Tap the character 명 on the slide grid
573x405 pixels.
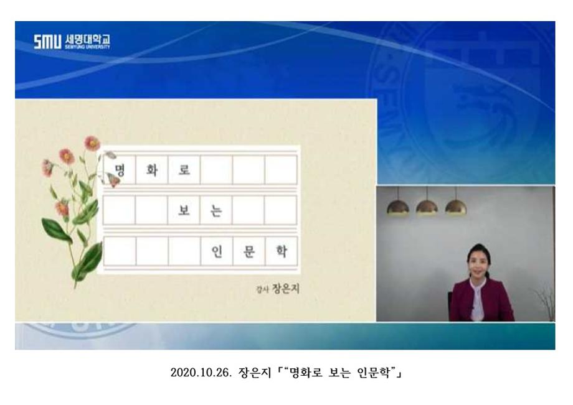[120, 170]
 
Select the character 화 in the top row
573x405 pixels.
[151, 170]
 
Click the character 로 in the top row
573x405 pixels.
[184, 170]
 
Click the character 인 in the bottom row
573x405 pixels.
[217, 254]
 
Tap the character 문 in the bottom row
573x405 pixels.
[249, 254]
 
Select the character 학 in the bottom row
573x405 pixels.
[280, 254]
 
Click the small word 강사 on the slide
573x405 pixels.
[262, 290]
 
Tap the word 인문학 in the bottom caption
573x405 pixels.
[373, 373]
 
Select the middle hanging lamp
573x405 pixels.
[427, 207]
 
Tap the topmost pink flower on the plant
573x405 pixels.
[92, 142]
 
